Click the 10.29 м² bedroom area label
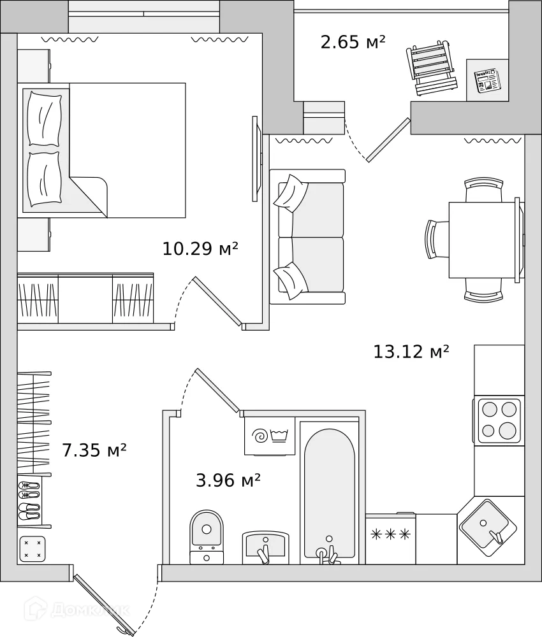200,248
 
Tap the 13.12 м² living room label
411,351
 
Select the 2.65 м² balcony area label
353,43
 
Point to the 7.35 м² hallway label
94,451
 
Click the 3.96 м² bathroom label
228,480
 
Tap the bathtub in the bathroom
329,490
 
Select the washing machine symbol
270,436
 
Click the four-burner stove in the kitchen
499,420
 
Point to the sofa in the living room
307,236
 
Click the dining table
482,240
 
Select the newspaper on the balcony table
487,80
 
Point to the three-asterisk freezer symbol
390,534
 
